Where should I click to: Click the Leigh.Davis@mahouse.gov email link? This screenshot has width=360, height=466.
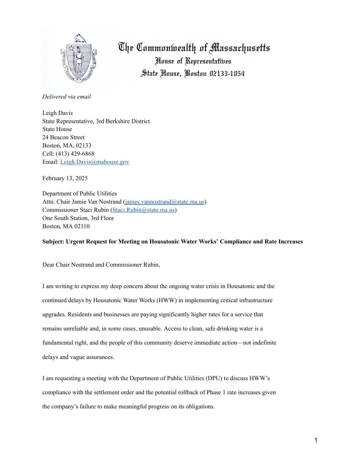point(94,162)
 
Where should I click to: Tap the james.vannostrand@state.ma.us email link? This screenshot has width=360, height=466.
point(164,202)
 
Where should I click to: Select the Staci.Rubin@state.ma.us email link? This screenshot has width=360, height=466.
point(143,210)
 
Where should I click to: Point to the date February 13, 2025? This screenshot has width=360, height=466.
point(65,178)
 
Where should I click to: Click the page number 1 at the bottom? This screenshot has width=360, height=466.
point(316,440)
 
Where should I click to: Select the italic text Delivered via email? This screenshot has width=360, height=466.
point(66,97)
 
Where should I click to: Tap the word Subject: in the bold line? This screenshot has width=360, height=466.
point(53,242)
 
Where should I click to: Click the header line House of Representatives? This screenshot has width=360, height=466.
point(193,61)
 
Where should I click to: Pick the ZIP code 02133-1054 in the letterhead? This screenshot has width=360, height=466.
point(227,74)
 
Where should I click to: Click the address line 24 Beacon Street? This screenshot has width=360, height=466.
point(63,137)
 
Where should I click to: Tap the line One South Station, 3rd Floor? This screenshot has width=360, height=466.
point(78,218)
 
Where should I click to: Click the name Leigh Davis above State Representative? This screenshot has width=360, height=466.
point(57,113)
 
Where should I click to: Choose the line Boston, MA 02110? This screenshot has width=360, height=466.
point(66,227)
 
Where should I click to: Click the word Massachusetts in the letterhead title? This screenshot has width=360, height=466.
point(239,48)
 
